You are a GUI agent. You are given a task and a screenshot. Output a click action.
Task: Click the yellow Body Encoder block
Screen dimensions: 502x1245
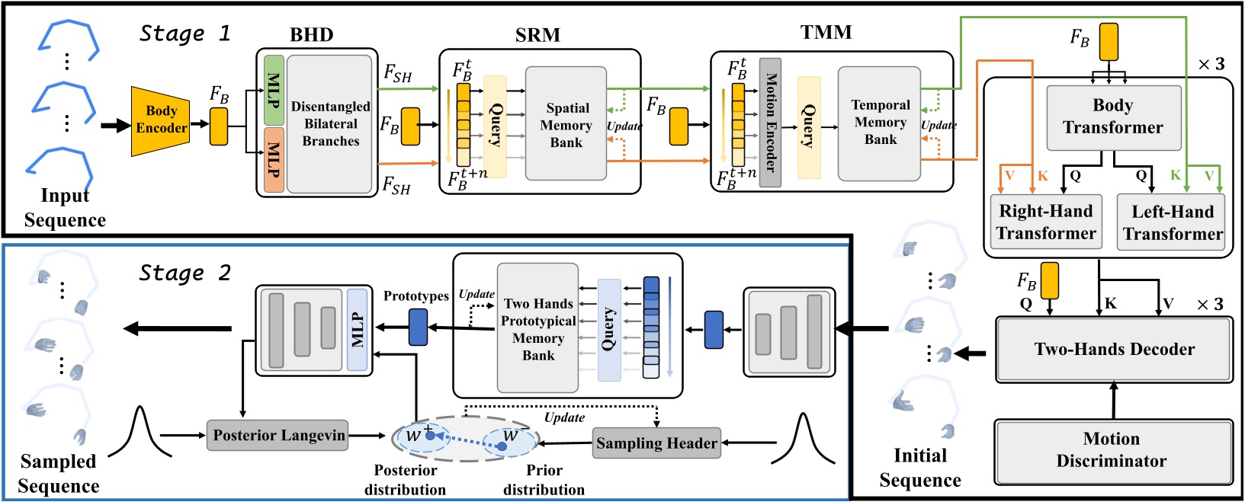tap(160, 120)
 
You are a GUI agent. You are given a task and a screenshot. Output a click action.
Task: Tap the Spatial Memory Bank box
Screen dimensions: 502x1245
tap(566, 124)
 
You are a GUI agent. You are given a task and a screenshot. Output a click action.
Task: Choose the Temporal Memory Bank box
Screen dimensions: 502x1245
tap(880, 123)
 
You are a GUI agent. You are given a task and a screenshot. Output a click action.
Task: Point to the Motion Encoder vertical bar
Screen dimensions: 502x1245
tap(770, 123)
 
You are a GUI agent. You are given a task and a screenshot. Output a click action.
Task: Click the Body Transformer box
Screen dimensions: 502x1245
tap(1113, 117)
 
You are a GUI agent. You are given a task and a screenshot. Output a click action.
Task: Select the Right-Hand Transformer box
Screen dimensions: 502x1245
tap(1045, 222)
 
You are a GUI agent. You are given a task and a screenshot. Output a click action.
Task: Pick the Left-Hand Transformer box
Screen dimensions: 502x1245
tap(1172, 222)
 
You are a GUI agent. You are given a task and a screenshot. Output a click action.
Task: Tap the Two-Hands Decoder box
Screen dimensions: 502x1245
tap(1114, 350)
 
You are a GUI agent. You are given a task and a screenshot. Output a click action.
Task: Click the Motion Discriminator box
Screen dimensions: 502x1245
tap(1112, 450)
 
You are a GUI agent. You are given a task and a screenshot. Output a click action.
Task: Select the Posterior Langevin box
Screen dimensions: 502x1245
tap(278, 436)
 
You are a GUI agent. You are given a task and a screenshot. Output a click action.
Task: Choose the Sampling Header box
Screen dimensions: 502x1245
tap(656, 443)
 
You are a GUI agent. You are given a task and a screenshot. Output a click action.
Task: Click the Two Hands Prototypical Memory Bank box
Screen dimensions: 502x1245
tap(537, 329)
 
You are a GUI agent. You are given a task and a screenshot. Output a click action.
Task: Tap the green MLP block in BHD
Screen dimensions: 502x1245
tap(274, 90)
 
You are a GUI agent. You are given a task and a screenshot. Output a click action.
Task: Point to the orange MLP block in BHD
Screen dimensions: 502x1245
tap(274, 160)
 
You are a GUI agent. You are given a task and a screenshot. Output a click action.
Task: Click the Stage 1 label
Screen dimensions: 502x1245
tap(185, 34)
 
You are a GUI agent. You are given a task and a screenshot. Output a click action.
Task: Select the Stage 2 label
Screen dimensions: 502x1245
tap(185, 273)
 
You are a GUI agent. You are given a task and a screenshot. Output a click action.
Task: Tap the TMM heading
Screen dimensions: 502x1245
tap(826, 33)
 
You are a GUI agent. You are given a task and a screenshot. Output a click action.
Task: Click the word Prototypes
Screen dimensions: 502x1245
tap(416, 296)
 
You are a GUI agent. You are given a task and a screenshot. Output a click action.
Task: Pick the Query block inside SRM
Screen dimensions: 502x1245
tap(495, 126)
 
